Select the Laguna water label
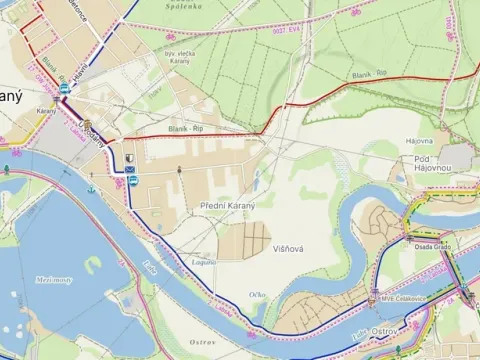[x=203, y=262]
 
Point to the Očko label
[x=258, y=294]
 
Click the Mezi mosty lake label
[x=57, y=281]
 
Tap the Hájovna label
[x=419, y=142]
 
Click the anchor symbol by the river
[x=90, y=187]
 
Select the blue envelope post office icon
[x=130, y=170]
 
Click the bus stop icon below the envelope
[x=131, y=181]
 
